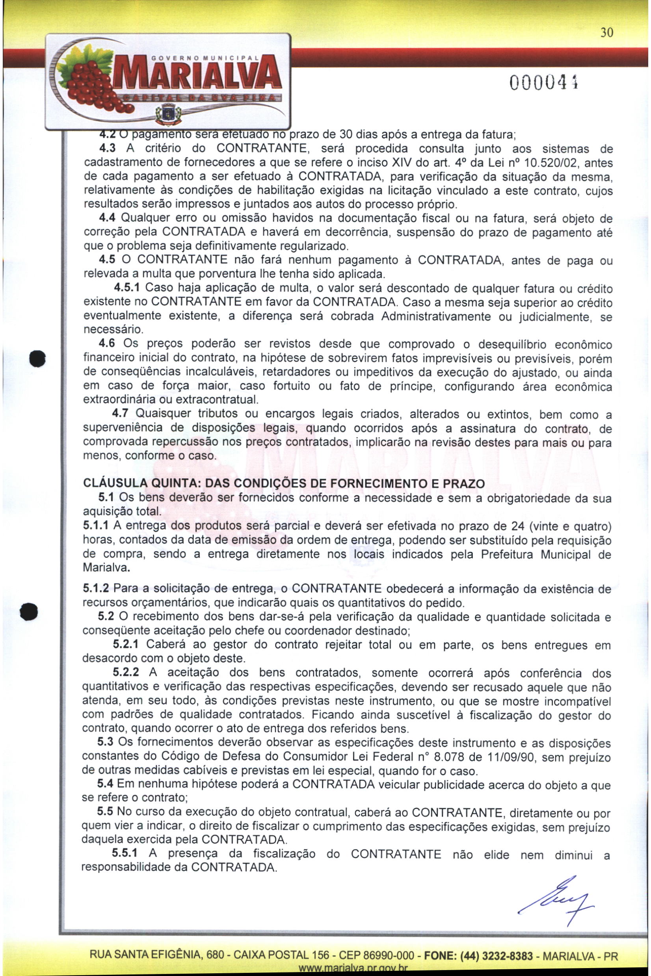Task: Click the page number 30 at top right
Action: click(606, 33)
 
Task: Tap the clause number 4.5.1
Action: click(128, 288)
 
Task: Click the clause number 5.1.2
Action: click(96, 589)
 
